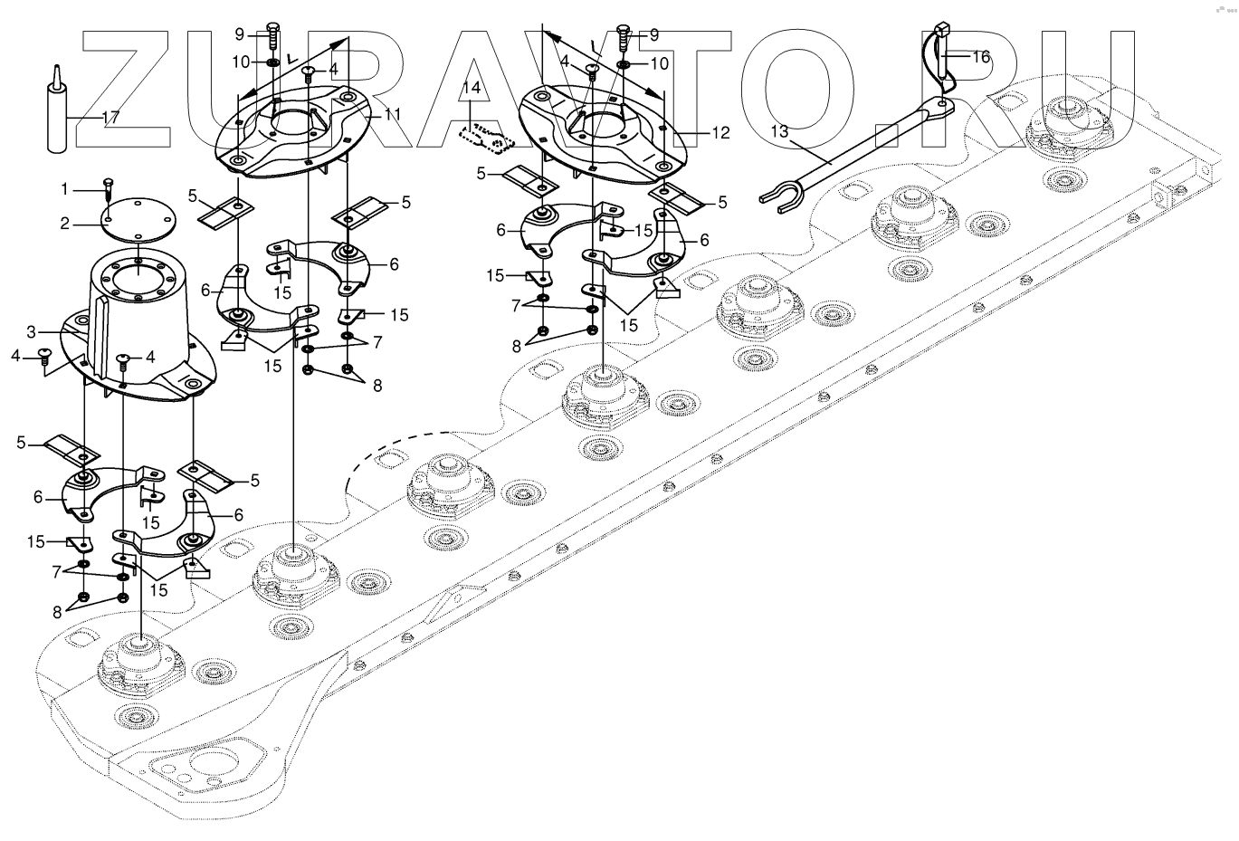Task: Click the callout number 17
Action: coord(110,117)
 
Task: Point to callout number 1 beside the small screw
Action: coord(64,189)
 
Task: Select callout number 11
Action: coord(392,114)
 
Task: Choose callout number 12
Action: coord(720,133)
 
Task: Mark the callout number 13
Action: coord(781,131)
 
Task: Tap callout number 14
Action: coord(471,89)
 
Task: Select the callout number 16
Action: coord(981,56)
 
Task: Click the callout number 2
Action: coord(64,223)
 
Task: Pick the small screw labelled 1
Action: coord(108,188)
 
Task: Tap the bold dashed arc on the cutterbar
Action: coord(380,453)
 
